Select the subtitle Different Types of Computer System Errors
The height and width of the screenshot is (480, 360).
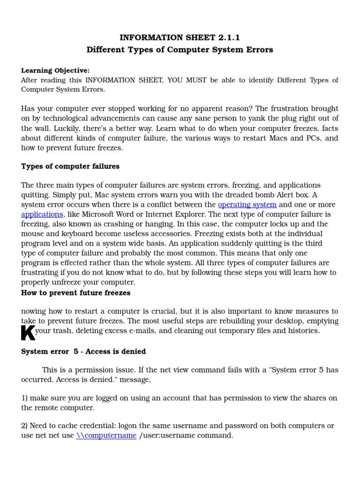coord(180,50)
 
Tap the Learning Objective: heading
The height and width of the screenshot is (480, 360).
coord(55,70)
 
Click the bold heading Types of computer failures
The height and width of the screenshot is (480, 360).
coord(70,166)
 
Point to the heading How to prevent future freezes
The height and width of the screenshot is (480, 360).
coord(76,293)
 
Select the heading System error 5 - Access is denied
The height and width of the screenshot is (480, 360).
coord(83,352)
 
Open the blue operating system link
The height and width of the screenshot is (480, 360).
coord(247,205)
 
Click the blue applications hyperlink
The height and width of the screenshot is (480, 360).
coord(42,214)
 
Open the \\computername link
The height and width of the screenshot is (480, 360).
coord(106,435)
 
